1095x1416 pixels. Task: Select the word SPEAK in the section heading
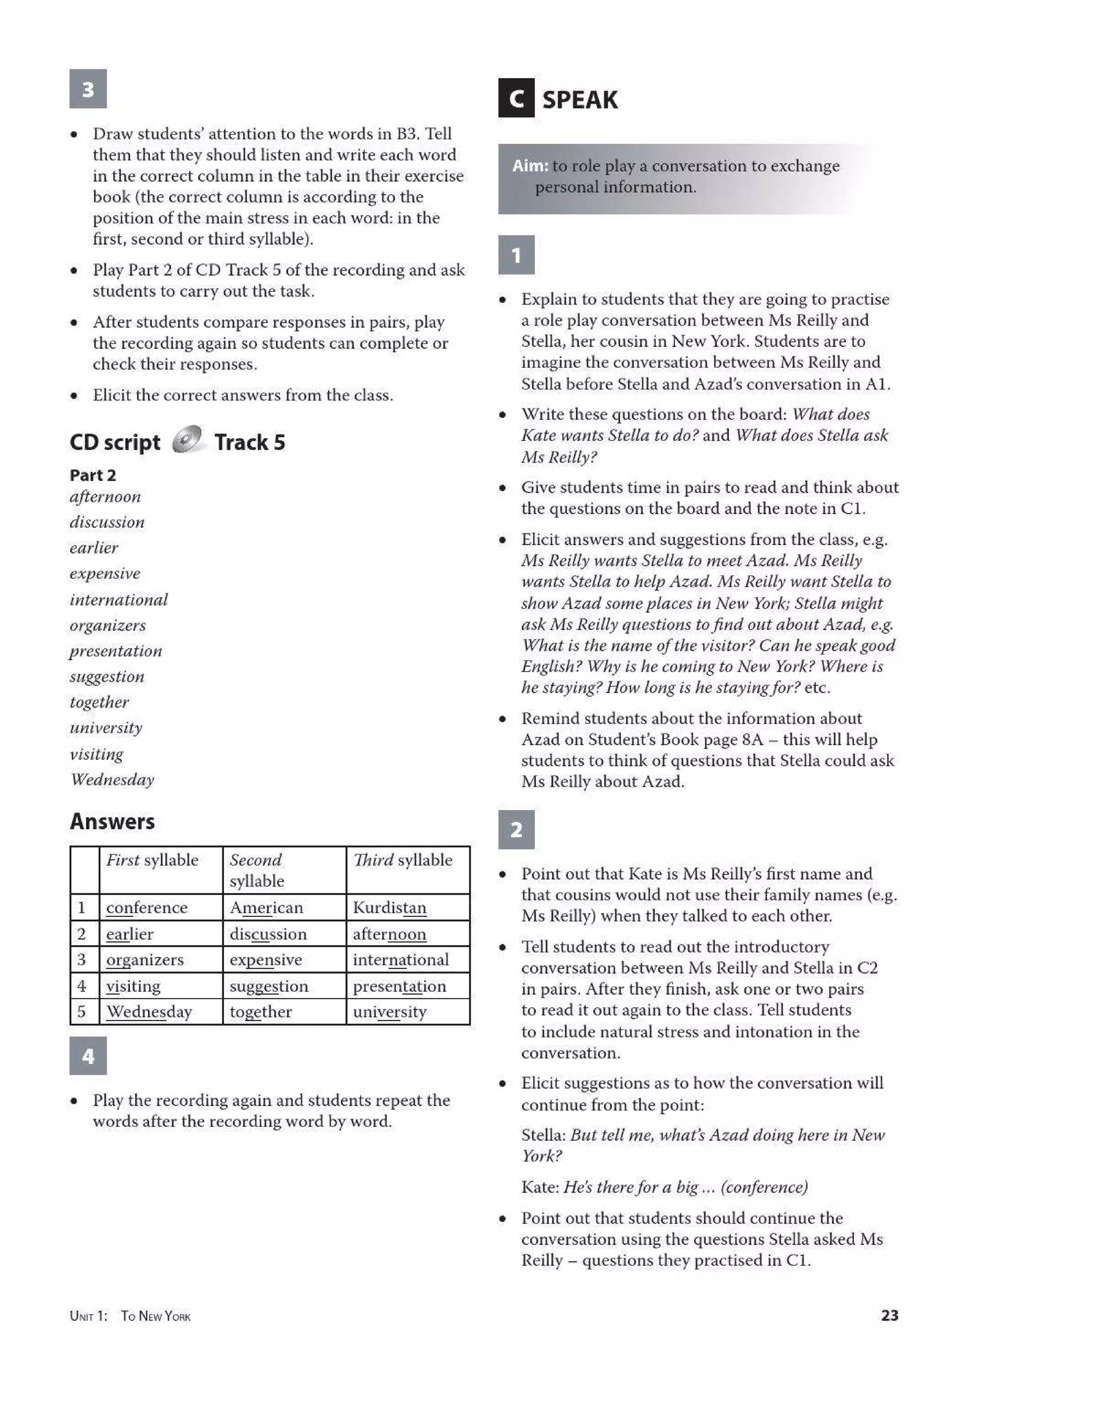[x=580, y=100]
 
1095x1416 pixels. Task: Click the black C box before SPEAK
[x=516, y=98]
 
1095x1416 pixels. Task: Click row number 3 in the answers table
[x=82, y=960]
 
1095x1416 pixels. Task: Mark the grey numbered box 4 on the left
[x=88, y=1057]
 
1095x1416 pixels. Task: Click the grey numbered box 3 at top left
[x=88, y=89]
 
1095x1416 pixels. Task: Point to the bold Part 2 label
[x=92, y=475]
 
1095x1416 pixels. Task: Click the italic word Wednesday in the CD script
[x=112, y=780]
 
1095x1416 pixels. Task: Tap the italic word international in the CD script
[x=119, y=600]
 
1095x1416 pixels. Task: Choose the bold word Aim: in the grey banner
[x=530, y=166]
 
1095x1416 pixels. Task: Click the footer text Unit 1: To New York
[x=130, y=1316]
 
